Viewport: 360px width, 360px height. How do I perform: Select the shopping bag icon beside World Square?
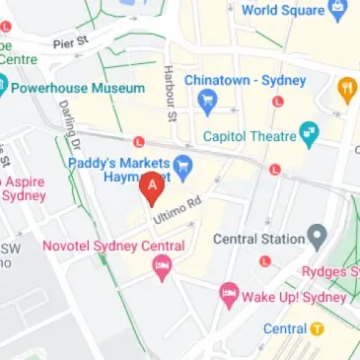point(338,12)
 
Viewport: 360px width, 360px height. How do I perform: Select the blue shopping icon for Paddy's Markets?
point(182,164)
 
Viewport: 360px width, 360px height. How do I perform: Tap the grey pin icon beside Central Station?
point(317,237)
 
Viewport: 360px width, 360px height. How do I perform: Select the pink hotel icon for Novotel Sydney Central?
point(161,266)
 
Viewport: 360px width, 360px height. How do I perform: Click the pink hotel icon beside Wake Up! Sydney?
point(229,293)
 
